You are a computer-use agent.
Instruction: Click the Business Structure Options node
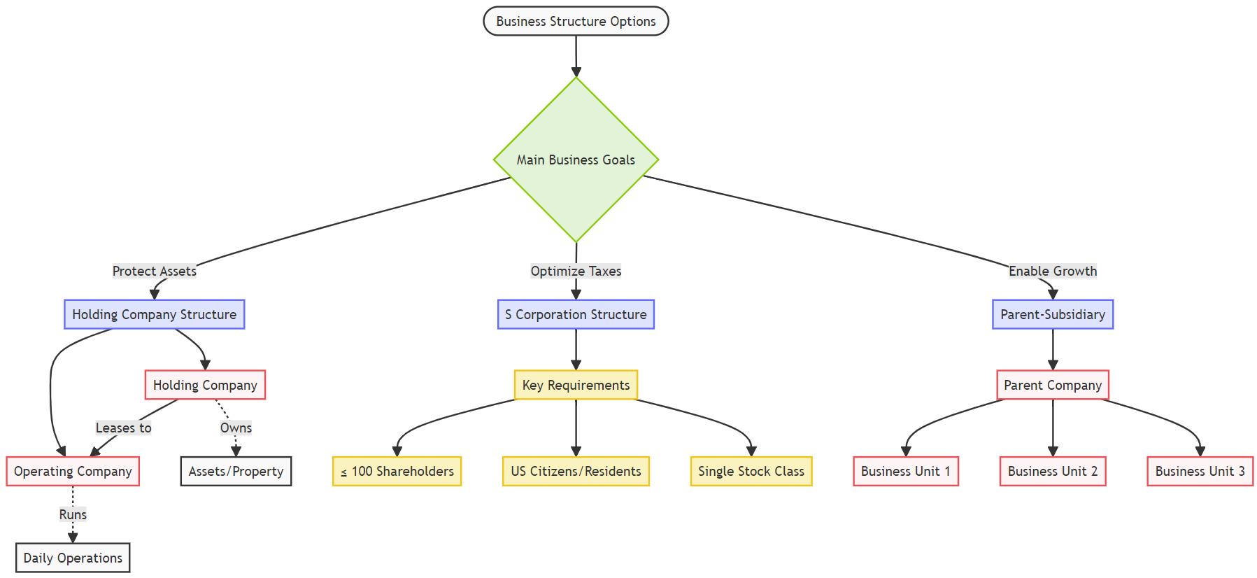pos(576,21)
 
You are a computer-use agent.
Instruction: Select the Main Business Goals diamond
pos(576,160)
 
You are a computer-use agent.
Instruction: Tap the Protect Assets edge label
pos(154,271)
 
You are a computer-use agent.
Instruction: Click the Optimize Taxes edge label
pos(576,271)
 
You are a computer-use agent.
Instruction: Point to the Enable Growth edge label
pos(1052,271)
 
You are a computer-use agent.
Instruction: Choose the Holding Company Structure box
pos(154,314)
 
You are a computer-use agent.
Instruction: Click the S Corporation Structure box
pos(576,314)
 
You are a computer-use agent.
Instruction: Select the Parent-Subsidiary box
pos(1052,314)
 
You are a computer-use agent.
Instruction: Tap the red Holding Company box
pos(205,385)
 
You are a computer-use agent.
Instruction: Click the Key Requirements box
pos(576,385)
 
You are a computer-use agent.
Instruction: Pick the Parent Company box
pos(1052,385)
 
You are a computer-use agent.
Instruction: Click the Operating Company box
pos(73,471)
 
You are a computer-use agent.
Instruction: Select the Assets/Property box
pos(236,471)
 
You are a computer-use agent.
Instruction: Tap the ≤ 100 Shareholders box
pos(397,471)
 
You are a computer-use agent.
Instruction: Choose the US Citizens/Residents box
pos(576,471)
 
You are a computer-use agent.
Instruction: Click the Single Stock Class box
pos(751,471)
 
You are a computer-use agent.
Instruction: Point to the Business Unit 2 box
pos(1052,471)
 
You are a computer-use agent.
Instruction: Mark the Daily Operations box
pos(73,558)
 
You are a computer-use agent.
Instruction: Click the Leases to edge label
pos(123,428)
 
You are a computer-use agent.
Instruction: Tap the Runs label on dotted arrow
pos(73,514)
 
